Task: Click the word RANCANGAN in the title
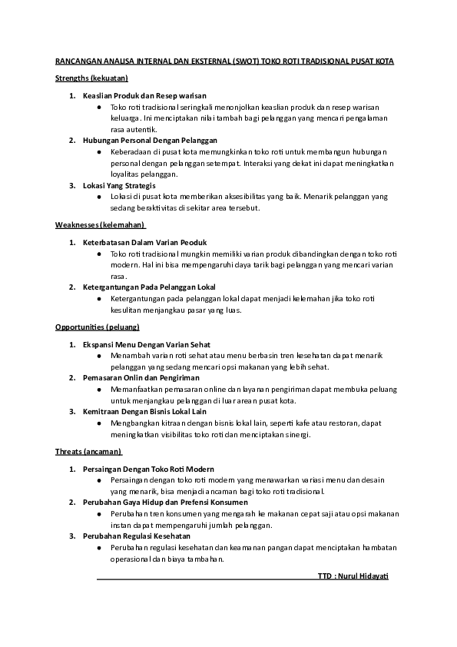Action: [75, 61]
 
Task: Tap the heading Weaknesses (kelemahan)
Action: [101, 224]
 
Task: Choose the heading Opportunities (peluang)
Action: [97, 327]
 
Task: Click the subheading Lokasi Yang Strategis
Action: [119, 186]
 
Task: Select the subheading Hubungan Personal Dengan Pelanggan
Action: [150, 141]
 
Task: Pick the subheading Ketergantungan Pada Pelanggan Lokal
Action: [149, 287]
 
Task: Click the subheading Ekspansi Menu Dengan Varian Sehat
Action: [147, 344]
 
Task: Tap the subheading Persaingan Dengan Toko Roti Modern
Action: [148, 469]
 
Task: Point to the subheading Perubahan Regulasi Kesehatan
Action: [137, 536]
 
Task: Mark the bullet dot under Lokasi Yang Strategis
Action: [100, 197]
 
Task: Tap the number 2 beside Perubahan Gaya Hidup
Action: [72, 503]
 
